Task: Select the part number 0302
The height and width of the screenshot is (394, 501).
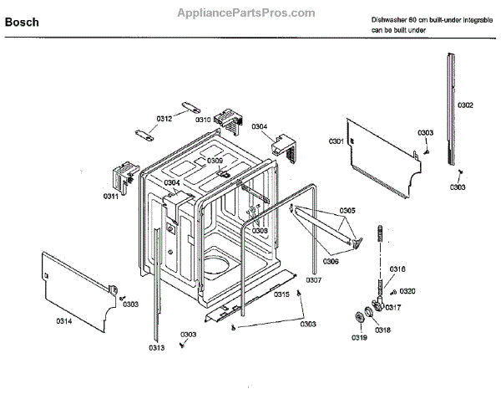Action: (x=465, y=105)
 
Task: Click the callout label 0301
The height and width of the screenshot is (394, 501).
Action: (x=337, y=142)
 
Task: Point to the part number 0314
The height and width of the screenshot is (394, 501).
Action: (x=63, y=320)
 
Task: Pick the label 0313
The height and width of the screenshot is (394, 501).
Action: (x=156, y=347)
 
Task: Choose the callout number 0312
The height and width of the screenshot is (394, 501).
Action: (x=164, y=119)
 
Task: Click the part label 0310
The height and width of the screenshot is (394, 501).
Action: (x=203, y=120)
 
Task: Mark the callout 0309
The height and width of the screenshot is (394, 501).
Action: (x=215, y=161)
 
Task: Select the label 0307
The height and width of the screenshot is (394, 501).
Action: (x=313, y=279)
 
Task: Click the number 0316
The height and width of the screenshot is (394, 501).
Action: (x=397, y=269)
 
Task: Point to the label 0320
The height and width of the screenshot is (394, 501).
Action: (x=407, y=291)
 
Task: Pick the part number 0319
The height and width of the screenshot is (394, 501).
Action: (x=358, y=338)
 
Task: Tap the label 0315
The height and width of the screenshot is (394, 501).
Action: (x=282, y=295)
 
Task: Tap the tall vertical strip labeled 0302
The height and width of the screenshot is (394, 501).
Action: (x=452, y=109)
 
